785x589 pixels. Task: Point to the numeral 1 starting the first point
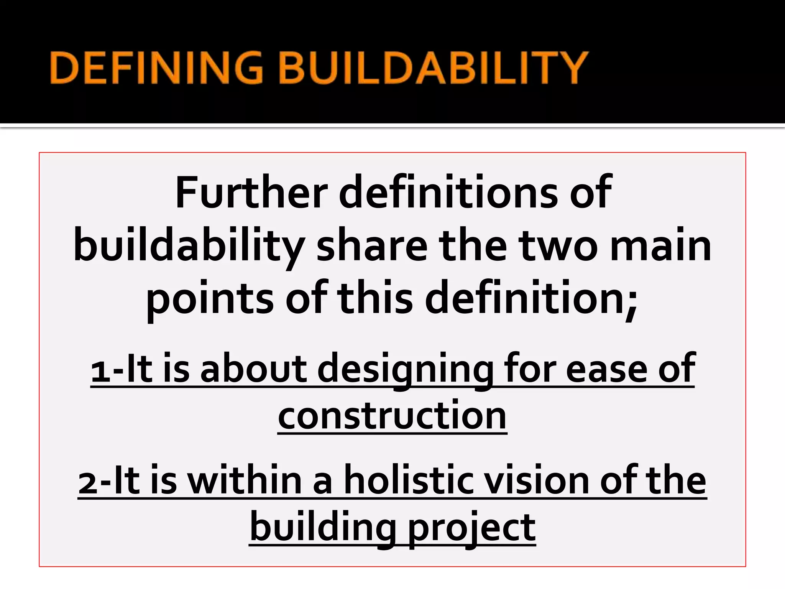(101, 372)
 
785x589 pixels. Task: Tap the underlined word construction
(392, 416)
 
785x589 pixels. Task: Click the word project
(471, 529)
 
